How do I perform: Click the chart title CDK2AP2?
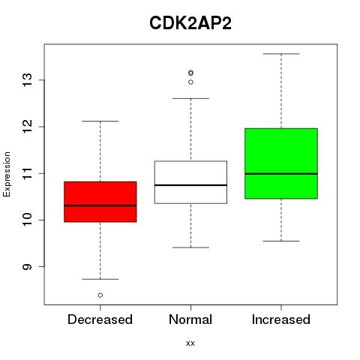click(190, 23)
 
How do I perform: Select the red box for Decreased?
click(100, 202)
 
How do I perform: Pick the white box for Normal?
click(190, 182)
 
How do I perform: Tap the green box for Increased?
click(281, 163)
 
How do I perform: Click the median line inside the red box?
click(100, 205)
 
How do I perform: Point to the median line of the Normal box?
click(190, 185)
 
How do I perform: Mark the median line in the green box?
click(281, 173)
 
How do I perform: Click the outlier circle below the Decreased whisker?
click(100, 295)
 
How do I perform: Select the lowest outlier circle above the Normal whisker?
click(190, 82)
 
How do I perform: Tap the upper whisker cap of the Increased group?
click(281, 54)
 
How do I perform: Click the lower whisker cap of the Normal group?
click(190, 247)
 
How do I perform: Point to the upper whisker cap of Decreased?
click(100, 121)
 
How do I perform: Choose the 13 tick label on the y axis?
click(28, 80)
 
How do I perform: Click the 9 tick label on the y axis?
click(28, 267)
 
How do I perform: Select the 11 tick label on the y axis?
click(28, 173)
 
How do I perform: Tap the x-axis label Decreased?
click(100, 319)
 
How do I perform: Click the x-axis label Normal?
click(190, 319)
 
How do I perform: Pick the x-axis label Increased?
click(281, 319)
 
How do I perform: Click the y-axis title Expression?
click(7, 174)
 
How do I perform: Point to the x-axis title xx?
click(190, 343)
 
